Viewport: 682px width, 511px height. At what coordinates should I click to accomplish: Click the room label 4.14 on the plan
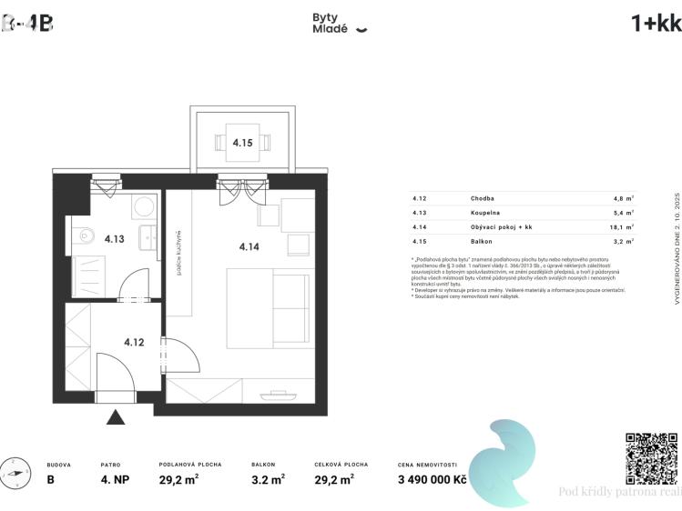(x=249, y=246)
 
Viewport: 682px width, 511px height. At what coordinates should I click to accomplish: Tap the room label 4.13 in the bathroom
(x=114, y=239)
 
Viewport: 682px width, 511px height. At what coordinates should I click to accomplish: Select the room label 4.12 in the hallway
(x=134, y=343)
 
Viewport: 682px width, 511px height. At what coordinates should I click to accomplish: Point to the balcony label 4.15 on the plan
(x=241, y=143)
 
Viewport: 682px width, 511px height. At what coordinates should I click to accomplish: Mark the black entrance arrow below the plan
(x=115, y=417)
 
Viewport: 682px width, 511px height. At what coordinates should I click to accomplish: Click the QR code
(x=650, y=458)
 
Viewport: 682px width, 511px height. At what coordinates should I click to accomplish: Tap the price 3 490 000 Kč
(x=432, y=478)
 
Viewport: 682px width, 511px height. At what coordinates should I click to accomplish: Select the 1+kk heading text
(x=656, y=24)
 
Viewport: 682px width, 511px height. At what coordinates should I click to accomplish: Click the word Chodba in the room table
(x=483, y=197)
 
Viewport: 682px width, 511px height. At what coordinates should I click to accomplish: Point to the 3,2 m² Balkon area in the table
(x=622, y=241)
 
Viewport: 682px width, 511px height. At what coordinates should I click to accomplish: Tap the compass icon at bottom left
(x=13, y=473)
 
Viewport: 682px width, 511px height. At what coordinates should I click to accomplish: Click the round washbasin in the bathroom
(x=145, y=206)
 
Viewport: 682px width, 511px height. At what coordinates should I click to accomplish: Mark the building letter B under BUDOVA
(x=51, y=478)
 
